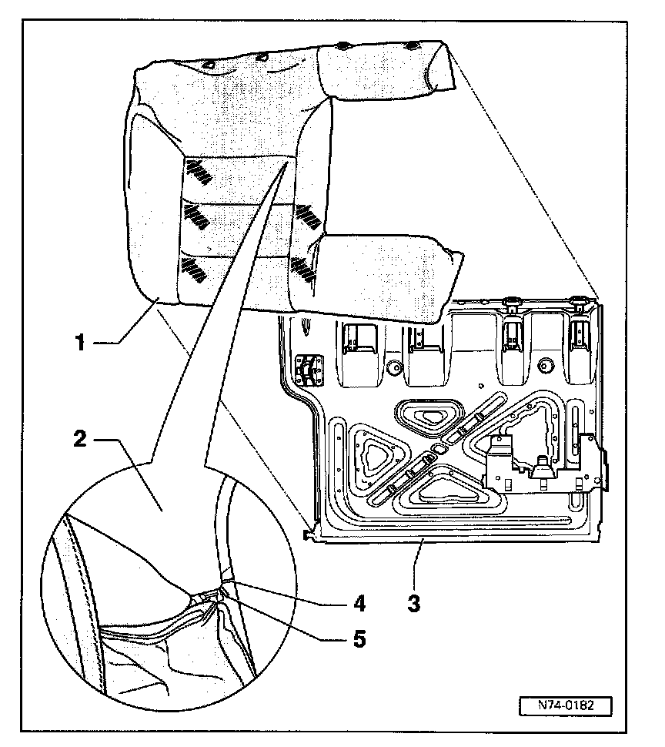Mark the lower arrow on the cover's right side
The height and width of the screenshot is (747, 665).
tap(303, 268)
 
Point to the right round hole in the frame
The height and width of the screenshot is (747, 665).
tap(547, 364)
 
